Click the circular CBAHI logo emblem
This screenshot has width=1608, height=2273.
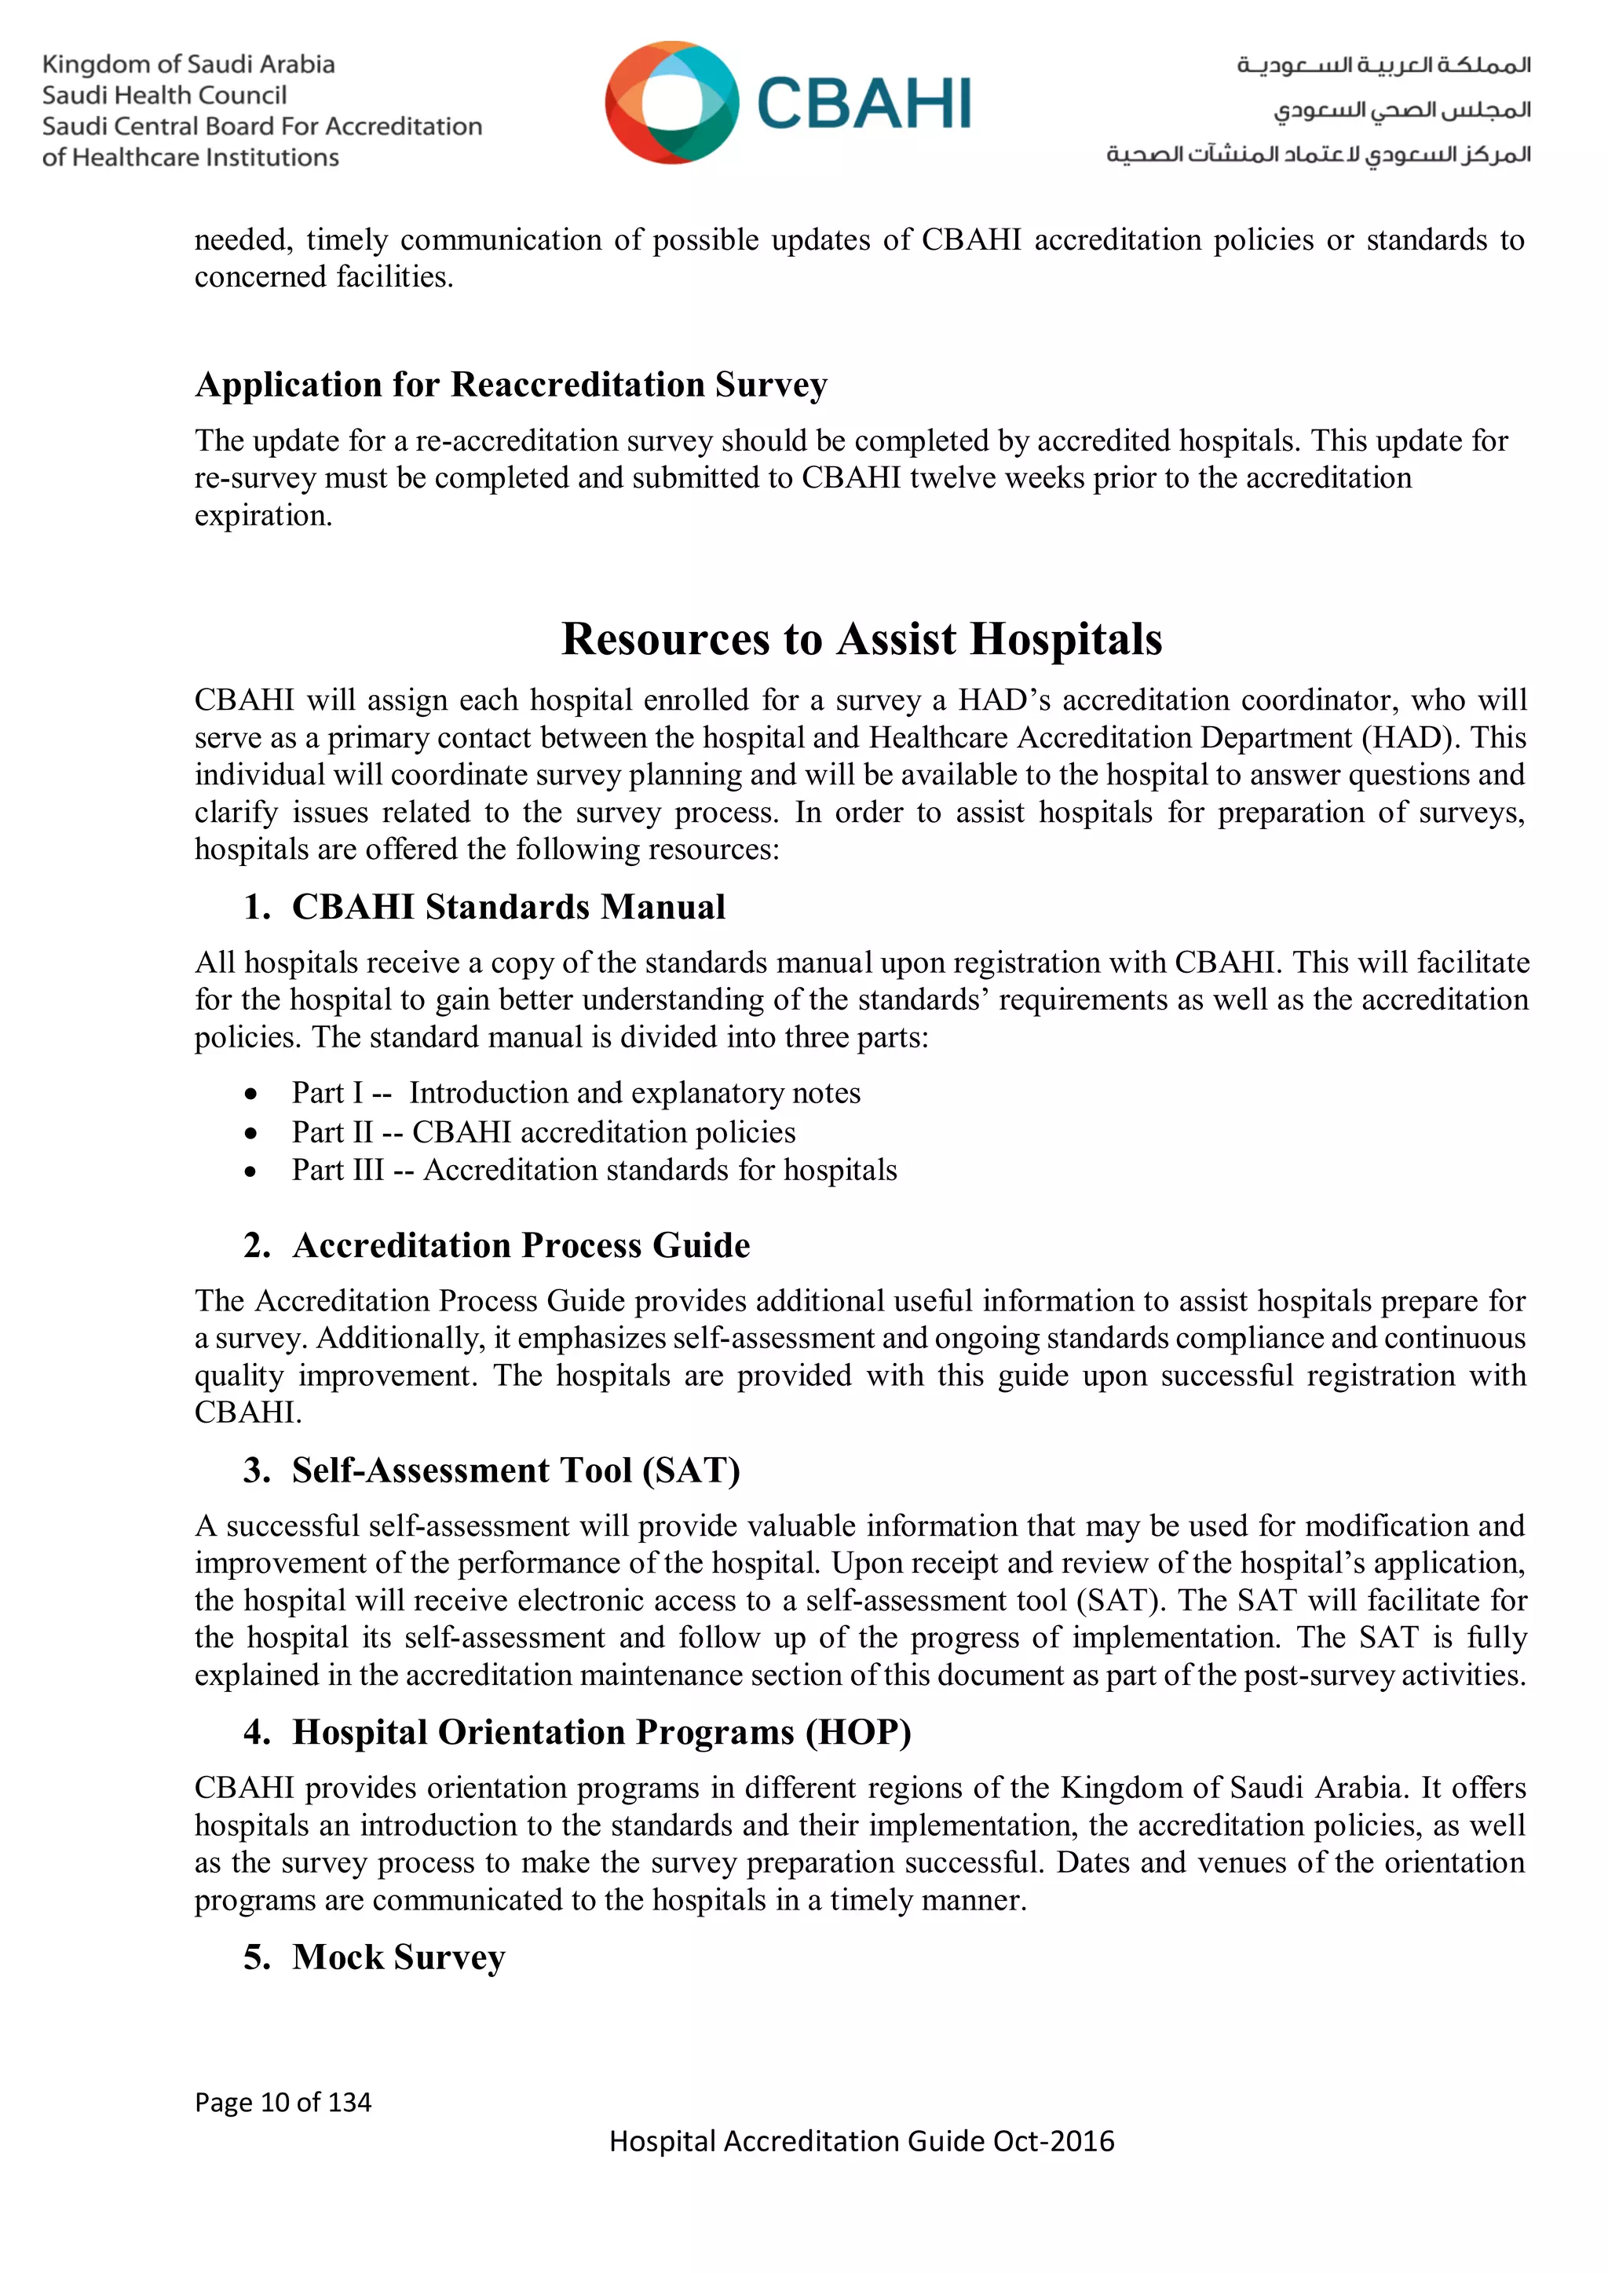coord(671,102)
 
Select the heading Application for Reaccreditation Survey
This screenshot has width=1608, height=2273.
coord(511,384)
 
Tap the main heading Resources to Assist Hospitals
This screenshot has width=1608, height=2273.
coord(861,638)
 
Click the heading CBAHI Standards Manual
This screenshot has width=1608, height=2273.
coord(508,907)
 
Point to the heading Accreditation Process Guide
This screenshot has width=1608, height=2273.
coord(521,1245)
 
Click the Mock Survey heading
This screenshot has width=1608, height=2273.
coord(398,1957)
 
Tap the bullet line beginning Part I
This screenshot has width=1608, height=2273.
coord(576,1093)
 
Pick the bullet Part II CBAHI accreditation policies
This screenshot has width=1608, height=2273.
coord(543,1131)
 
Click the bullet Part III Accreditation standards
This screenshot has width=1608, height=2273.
coord(594,1170)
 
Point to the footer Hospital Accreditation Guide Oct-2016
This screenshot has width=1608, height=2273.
coord(861,2141)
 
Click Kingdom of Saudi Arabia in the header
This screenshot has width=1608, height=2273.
coord(188,65)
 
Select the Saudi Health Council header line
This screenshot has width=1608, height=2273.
coord(164,96)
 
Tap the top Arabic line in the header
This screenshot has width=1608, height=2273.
coord(1383,65)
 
